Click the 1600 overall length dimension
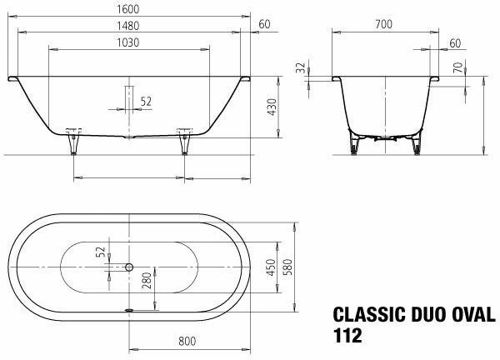pos(128,7)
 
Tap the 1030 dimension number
pos(128,41)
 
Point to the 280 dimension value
pos(147,280)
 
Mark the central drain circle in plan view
pos(128,267)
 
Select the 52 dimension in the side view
pos(146,102)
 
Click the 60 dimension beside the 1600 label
pos(264,24)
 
